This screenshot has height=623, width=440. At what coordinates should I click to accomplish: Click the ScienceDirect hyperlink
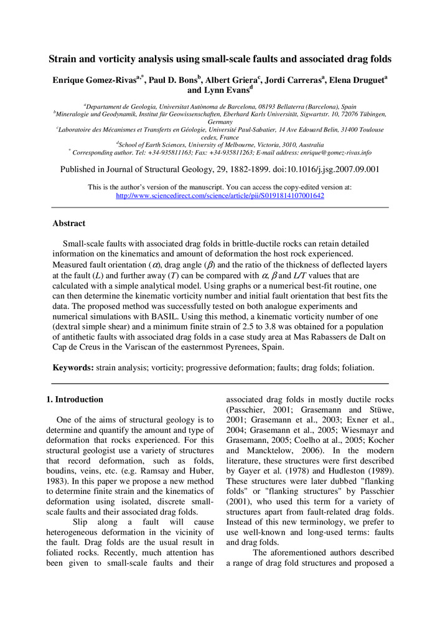click(x=220, y=196)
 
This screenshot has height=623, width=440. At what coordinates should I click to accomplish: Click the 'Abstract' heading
click(x=68, y=223)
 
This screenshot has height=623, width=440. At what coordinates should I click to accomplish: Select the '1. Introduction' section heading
click(x=75, y=399)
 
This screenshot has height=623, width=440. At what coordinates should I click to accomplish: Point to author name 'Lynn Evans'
click(x=223, y=90)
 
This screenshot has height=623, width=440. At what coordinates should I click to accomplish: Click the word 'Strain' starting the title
click(x=64, y=60)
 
